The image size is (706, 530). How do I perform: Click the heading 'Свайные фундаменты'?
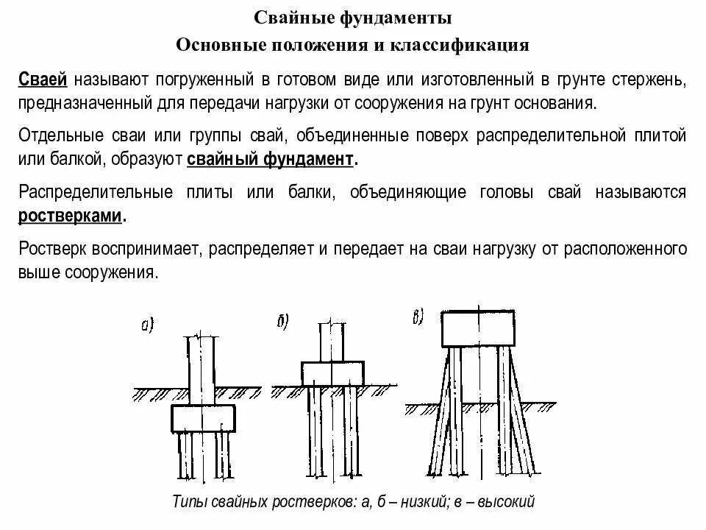352,17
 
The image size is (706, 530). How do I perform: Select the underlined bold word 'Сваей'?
43,79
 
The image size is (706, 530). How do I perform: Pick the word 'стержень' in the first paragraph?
654,79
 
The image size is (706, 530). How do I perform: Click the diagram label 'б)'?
282,320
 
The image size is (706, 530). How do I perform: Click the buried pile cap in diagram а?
204,418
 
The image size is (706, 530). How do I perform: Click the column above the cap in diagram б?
332,341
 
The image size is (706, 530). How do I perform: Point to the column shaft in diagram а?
202,368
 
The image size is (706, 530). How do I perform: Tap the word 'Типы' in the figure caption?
189,502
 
